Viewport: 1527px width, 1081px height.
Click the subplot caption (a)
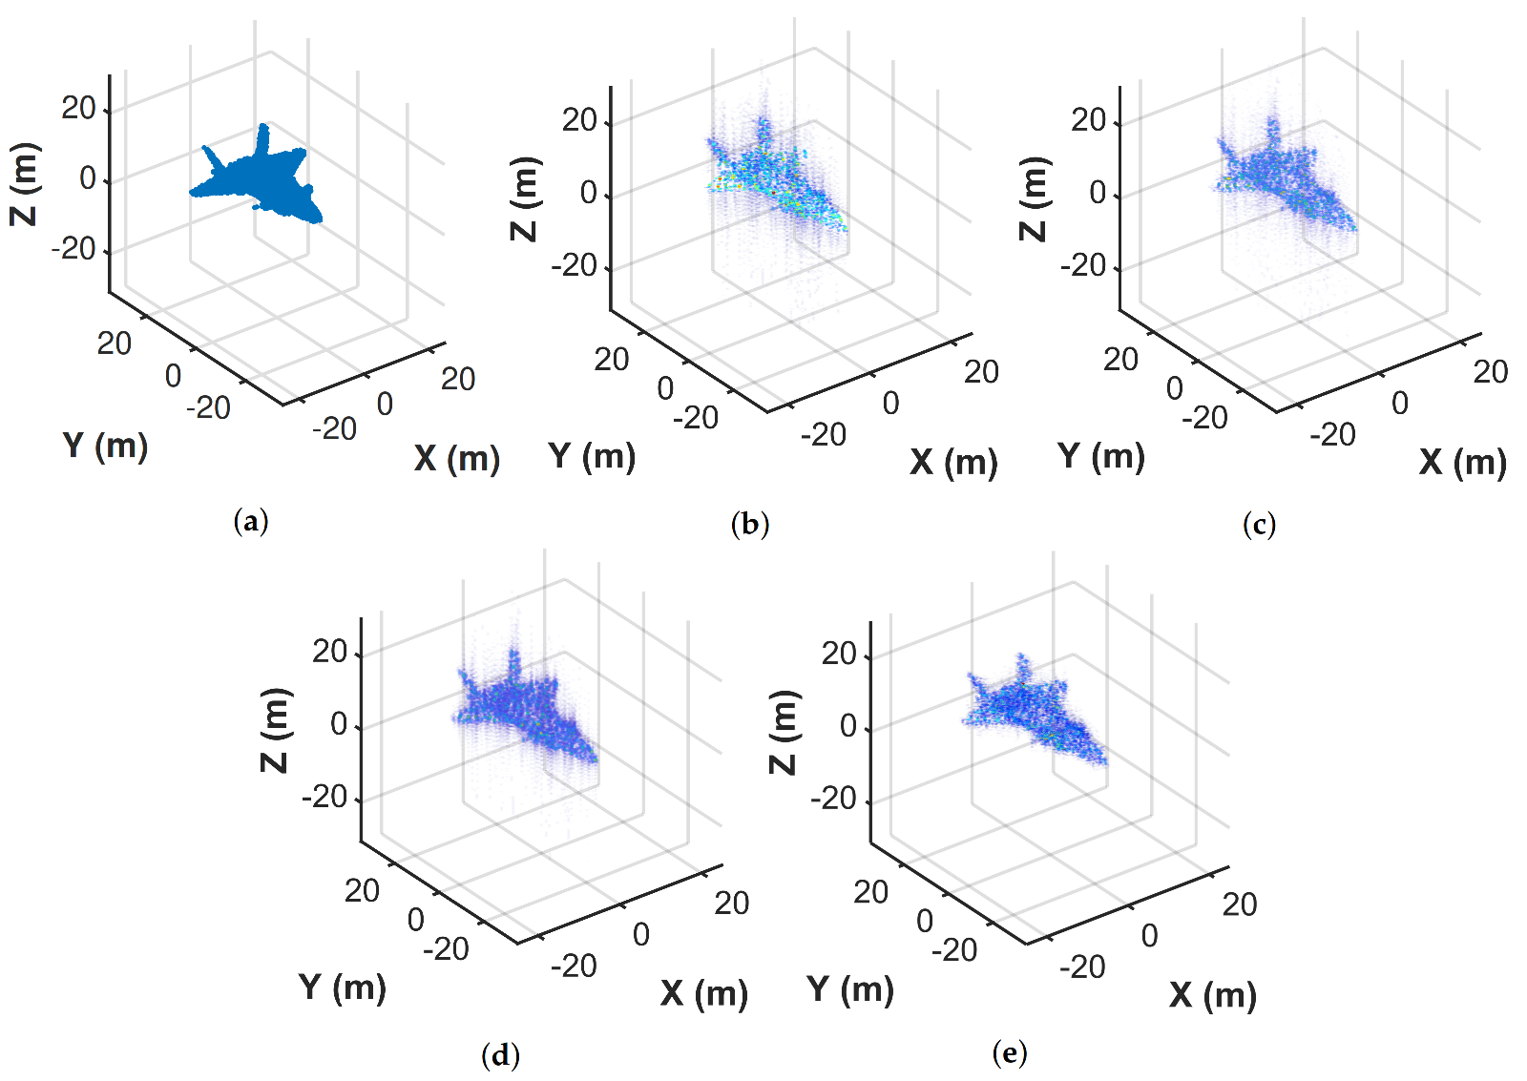coord(251,521)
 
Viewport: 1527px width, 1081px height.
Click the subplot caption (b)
coord(749,524)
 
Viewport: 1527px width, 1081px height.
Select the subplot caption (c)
coord(1259,524)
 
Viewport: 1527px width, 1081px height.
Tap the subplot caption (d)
coord(501,1054)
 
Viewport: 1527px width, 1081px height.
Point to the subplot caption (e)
coord(1010,1052)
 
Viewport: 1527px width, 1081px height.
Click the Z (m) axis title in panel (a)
coord(25,184)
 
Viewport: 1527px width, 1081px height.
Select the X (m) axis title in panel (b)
coord(952,463)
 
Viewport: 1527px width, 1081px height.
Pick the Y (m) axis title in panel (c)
coord(1100,456)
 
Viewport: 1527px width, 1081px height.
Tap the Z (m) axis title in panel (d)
coord(275,730)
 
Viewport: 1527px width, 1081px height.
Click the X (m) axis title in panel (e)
coord(1212,995)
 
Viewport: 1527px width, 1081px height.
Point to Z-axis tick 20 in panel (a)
coord(78,109)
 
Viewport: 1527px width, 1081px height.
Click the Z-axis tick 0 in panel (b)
coord(588,194)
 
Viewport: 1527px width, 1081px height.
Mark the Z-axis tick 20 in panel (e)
coord(838,654)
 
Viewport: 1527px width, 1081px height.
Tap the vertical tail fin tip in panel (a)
coord(264,126)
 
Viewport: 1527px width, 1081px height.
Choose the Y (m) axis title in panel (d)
coord(342,987)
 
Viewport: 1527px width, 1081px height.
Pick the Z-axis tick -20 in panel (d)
coord(324,796)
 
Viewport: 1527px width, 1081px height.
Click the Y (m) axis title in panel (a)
coord(105,446)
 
